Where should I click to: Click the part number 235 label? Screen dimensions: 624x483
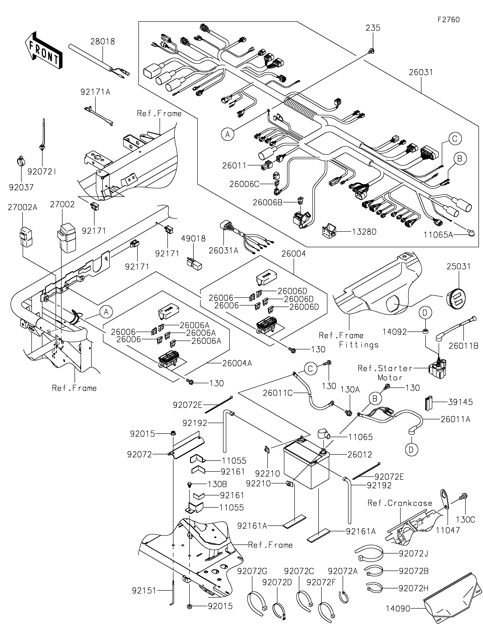373,28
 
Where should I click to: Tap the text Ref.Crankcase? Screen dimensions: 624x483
400,503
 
